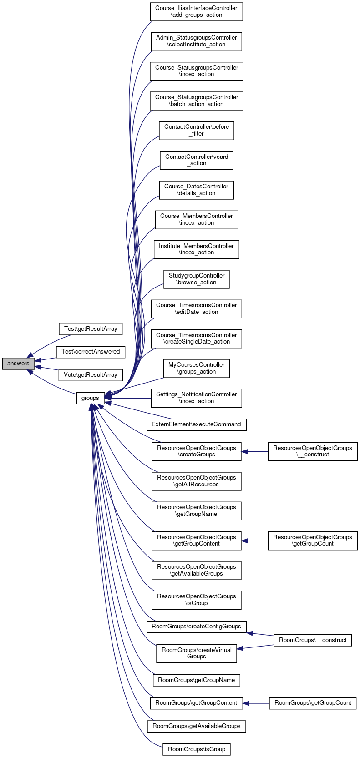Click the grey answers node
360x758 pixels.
tap(18, 364)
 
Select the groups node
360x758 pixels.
tap(90, 398)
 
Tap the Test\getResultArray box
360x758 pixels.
tap(90, 329)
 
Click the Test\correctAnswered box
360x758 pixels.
tap(90, 352)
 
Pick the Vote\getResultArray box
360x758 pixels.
tap(90, 375)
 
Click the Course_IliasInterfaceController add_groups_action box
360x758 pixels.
tap(196, 11)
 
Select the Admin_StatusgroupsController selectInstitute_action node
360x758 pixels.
tap(196, 41)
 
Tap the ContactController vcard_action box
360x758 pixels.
tap(196, 160)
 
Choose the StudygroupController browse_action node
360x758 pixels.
tap(196, 279)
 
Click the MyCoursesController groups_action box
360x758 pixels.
tap(196, 369)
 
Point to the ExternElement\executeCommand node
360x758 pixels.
tap(196, 424)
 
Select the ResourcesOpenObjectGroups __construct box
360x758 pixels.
tap(313, 451)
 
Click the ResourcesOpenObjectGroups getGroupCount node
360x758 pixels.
tap(313, 541)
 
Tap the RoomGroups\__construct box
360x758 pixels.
tap(313, 640)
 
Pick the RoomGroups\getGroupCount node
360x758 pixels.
tap(313, 703)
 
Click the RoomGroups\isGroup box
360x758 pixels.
tap(196, 749)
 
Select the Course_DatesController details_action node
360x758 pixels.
tap(196, 190)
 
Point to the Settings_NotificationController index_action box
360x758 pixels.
tap(196, 398)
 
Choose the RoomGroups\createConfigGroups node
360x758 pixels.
tap(196, 627)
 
